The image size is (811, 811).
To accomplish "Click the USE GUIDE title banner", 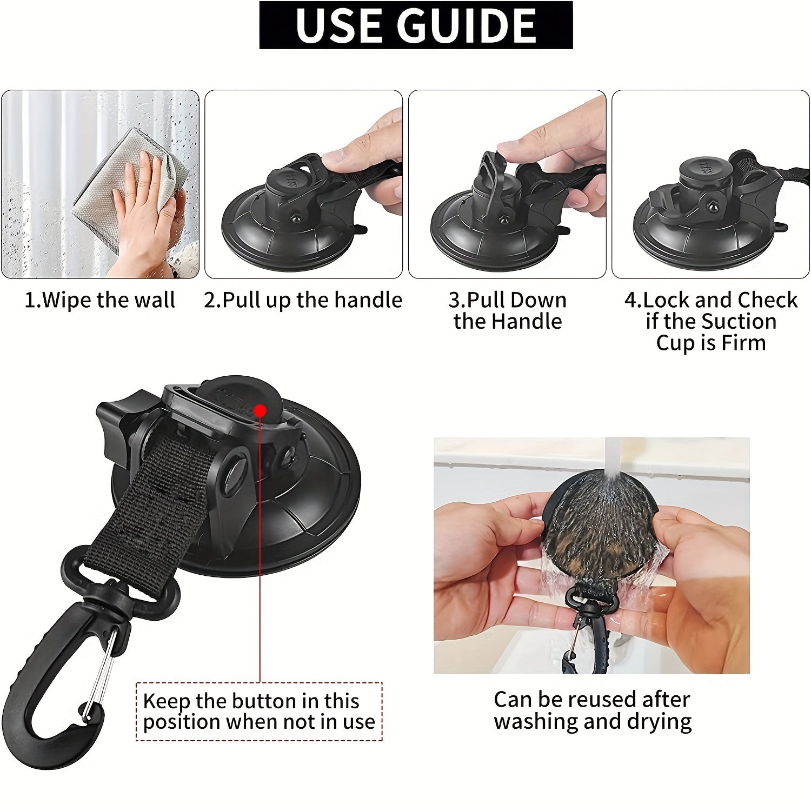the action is click(416, 25).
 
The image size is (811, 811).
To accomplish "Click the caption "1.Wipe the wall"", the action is click(100, 300).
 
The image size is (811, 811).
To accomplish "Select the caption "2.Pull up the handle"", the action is click(303, 300).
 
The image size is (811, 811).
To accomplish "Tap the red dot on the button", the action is click(260, 411).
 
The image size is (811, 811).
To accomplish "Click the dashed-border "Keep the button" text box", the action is click(259, 712).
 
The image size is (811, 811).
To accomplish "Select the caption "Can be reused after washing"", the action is click(592, 710).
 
